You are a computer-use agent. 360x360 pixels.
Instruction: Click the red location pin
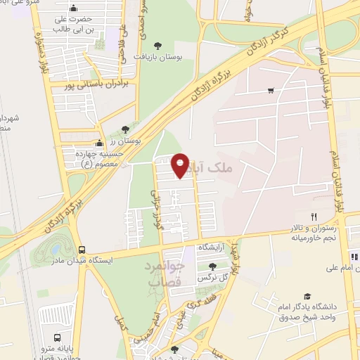pyautogui.click(x=180, y=165)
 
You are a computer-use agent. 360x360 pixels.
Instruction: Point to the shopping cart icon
pyautogui.click(x=271, y=91)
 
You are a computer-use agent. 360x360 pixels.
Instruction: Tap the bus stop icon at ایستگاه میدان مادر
pyautogui.click(x=82, y=250)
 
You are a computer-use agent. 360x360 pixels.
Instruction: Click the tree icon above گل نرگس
pyautogui.click(x=213, y=266)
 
